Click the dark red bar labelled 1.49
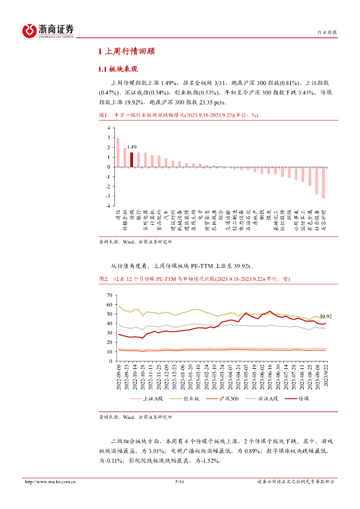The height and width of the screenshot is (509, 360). click(x=131, y=160)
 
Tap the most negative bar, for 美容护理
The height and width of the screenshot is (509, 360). click(x=323, y=182)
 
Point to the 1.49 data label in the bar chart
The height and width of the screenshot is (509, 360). click(x=131, y=147)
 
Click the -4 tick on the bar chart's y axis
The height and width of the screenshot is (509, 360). click(x=107, y=205)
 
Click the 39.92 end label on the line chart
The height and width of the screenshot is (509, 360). click(x=326, y=316)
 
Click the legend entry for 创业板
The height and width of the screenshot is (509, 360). click(x=186, y=399)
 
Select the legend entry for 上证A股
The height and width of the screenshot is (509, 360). click(x=148, y=399)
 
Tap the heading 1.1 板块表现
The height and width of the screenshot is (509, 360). click(x=117, y=69)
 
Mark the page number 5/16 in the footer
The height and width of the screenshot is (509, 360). click(x=180, y=482)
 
